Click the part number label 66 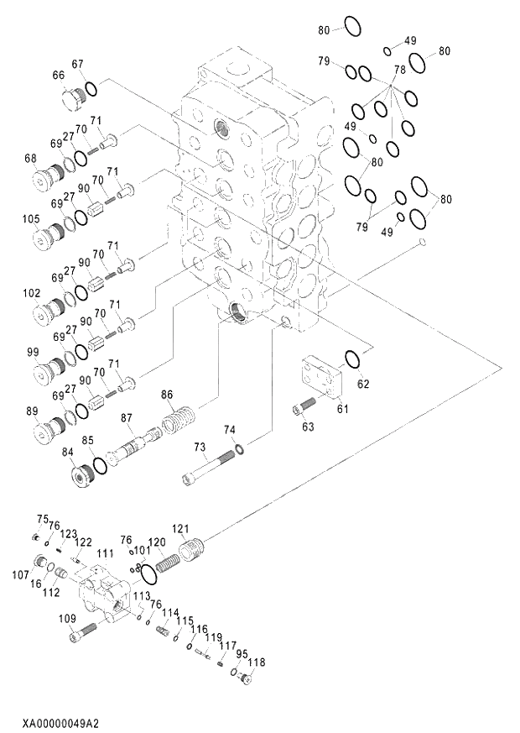[59, 76]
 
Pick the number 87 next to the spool [127, 417]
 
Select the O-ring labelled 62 [353, 359]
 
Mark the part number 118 [257, 662]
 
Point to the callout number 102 [31, 294]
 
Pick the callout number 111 [104, 553]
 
